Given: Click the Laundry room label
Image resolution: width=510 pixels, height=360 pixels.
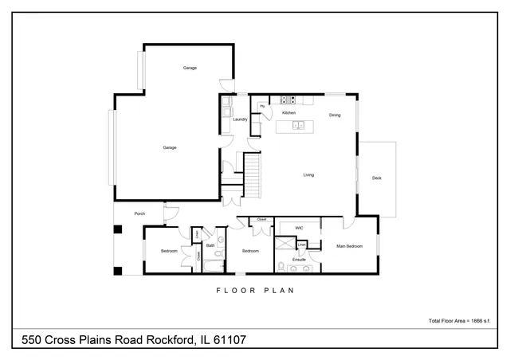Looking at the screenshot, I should (240, 119).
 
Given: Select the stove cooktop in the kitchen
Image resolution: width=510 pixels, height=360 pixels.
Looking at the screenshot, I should (289, 100).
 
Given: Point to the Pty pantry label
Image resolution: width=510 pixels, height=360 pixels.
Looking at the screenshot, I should (261, 106).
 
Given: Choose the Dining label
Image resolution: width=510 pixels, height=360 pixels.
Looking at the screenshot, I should (335, 115).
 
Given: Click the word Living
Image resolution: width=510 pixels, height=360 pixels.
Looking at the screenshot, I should (308, 175).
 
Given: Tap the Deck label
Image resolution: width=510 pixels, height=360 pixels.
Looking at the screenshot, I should (376, 178).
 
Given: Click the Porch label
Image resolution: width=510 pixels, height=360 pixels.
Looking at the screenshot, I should (139, 213).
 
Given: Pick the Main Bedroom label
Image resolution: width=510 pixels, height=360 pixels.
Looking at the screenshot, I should (349, 246).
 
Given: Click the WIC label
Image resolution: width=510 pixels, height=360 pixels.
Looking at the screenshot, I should (299, 229).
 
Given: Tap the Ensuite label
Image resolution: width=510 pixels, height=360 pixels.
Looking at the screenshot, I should (300, 260).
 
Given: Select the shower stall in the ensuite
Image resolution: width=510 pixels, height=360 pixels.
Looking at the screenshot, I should (284, 245).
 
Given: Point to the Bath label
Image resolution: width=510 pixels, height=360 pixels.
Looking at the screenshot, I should (210, 245).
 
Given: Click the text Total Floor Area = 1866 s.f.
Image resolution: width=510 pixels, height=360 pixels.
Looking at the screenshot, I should (462, 321).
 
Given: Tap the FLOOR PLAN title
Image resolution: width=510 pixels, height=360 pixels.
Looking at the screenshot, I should (255, 291).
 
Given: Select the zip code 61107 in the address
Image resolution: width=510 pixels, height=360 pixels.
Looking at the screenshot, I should (229, 340).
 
